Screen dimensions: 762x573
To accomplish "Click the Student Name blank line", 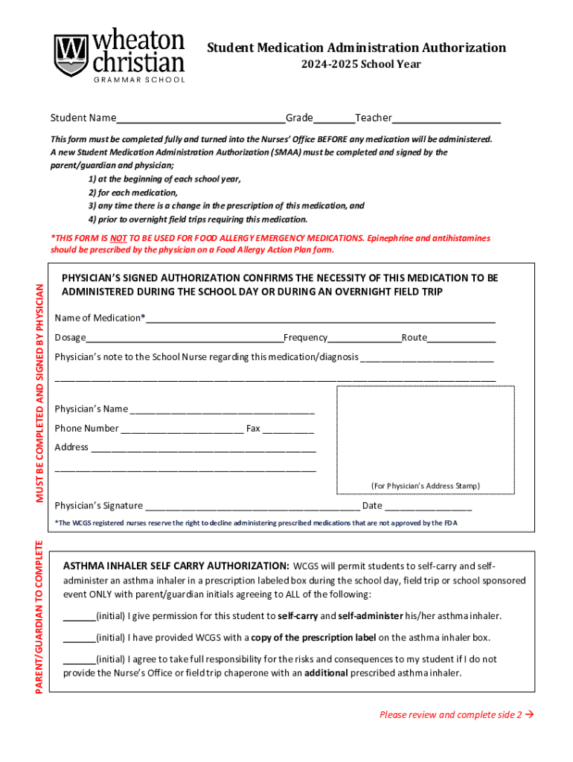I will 200,120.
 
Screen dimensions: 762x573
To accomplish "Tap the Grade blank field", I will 333,120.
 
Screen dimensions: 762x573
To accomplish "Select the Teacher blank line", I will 446,120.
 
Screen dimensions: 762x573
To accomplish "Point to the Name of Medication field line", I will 320,320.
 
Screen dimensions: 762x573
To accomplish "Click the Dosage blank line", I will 184,339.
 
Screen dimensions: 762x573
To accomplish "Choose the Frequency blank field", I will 364,339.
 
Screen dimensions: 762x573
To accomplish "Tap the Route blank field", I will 461,339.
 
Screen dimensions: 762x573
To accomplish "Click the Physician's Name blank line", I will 222,411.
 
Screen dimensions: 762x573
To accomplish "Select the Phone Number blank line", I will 182,430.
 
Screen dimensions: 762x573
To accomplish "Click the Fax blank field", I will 288,430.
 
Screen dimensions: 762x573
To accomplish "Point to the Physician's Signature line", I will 252,508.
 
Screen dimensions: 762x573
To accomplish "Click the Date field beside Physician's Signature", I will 428,508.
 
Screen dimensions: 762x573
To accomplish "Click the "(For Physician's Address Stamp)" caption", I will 425,486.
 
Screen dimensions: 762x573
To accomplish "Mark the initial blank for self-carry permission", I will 79,618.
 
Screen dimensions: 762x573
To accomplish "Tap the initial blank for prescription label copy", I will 79,639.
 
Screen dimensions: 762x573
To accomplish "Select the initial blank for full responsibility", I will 79,661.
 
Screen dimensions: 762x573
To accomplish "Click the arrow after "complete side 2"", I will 531,715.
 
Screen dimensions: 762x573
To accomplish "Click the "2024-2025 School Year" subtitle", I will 361,65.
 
